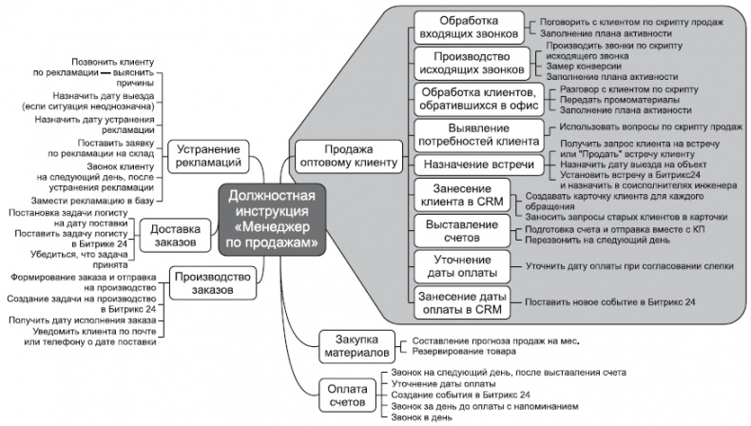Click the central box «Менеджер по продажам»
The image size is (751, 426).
tap(273, 220)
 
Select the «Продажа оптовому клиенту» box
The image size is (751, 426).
tap(348, 156)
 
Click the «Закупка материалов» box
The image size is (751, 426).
tap(351, 346)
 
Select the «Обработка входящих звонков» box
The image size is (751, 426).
tap(467, 28)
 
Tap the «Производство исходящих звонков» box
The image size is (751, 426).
tap(467, 63)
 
